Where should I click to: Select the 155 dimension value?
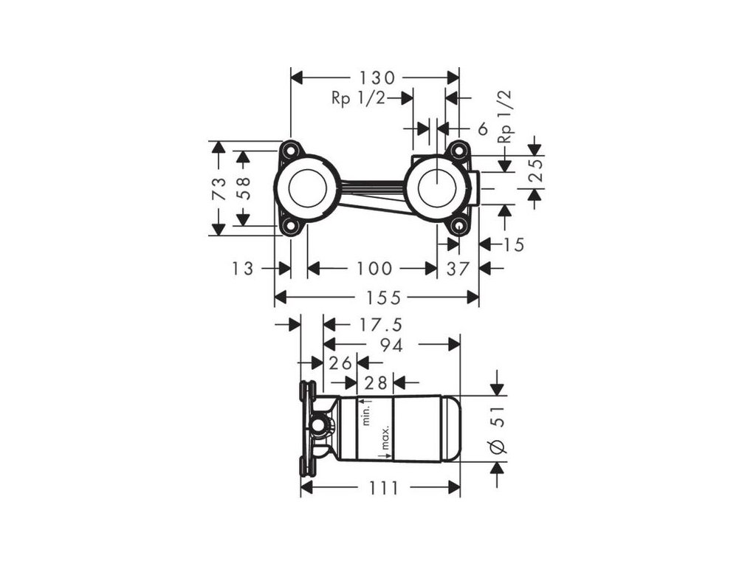[x=384, y=298]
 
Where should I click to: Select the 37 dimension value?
[x=458, y=269]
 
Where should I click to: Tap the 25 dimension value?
[x=537, y=171]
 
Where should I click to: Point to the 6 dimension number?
[x=482, y=129]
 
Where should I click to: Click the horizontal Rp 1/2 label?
[x=358, y=98]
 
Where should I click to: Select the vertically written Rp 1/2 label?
[x=505, y=117]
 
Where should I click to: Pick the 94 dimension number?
[x=391, y=345]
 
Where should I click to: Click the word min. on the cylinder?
[x=365, y=413]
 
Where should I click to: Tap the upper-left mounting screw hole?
[x=292, y=150]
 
